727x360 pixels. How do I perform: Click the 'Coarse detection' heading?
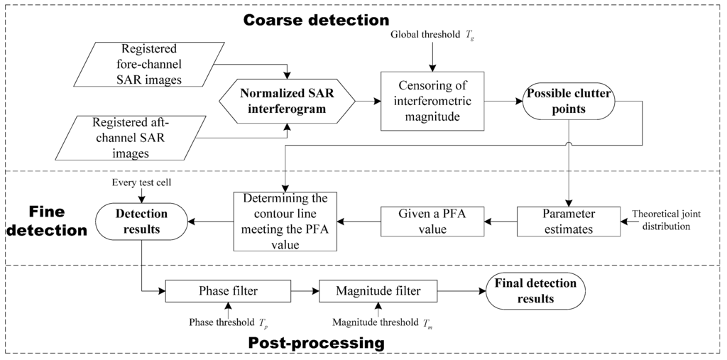[x=316, y=19]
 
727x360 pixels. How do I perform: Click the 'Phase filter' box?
[x=228, y=291]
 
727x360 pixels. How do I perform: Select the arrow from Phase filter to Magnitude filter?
[x=306, y=291]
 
